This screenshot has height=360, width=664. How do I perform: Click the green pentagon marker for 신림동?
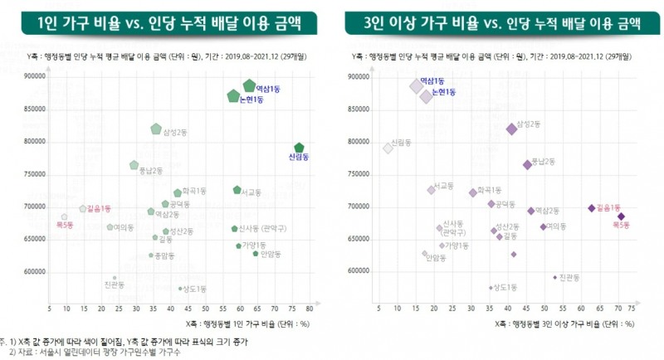click(299, 148)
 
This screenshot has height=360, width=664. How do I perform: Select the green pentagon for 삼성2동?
click(156, 129)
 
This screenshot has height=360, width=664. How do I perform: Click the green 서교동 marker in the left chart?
click(237, 190)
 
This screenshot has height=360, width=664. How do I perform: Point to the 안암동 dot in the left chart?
click(256, 253)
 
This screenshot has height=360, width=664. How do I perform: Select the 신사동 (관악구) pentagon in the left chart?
click(235, 228)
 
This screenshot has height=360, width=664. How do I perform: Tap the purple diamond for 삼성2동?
click(512, 129)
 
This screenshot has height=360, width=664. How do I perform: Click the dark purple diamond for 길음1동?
click(591, 208)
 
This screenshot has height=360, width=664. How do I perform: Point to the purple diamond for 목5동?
click(620, 216)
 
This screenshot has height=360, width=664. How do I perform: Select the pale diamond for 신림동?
click(388, 148)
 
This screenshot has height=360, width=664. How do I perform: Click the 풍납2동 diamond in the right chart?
click(527, 164)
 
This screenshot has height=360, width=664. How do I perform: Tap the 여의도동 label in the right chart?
click(554, 226)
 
